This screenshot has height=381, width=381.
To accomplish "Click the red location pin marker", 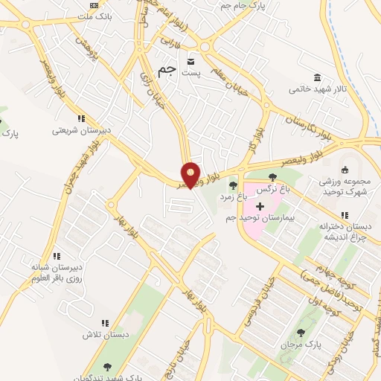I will point(191,174).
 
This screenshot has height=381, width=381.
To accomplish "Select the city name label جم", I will point(168,69).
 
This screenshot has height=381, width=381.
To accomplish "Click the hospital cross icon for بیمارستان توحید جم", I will point(260,205).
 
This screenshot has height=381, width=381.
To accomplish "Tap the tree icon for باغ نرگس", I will point(272,177).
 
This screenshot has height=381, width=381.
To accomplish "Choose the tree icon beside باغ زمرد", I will point(233,185).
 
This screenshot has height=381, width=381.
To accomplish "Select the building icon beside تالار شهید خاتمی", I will point(318,77).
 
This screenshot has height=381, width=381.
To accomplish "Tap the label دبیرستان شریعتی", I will point(81,129).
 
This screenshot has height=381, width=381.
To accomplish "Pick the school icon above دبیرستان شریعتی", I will point(80,118).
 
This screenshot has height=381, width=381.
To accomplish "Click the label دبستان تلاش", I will point(106,335).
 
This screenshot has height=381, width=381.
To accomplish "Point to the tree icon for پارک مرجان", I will point(301,333).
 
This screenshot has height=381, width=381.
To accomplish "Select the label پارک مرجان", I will point(299,345).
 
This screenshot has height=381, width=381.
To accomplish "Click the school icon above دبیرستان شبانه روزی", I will point(57,255).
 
